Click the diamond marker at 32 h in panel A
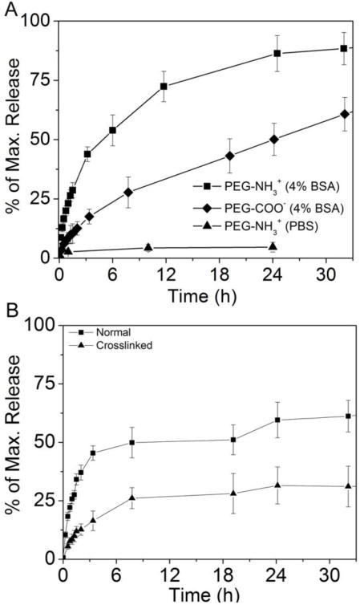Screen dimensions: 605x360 coord(344,113)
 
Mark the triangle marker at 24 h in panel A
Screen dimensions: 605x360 coord(273,246)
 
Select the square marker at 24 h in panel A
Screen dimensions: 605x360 coord(277,53)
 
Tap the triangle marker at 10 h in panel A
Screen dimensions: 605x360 coord(148,247)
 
